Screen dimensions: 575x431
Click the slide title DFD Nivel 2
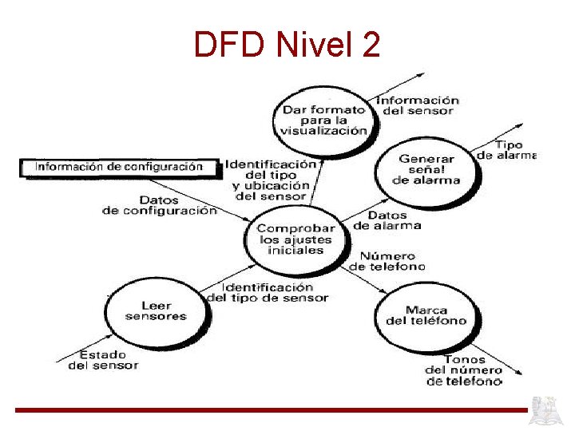coord(287,45)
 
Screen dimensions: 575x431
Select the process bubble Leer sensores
coord(156,310)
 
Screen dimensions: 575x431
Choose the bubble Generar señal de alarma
coord(426,169)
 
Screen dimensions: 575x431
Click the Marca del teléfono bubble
coord(426,315)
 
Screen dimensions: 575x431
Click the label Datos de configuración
coord(160,205)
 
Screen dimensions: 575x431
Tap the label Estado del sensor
coord(103,359)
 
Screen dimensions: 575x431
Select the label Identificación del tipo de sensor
coord(268,292)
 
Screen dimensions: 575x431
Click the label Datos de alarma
coord(387,220)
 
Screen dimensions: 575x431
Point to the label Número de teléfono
coord(388,261)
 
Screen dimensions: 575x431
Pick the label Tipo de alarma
coord(507,150)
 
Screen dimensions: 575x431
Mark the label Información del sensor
coord(418,105)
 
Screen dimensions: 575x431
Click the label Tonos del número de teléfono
coord(464,370)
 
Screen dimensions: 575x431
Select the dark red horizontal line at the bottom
coord(272,410)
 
